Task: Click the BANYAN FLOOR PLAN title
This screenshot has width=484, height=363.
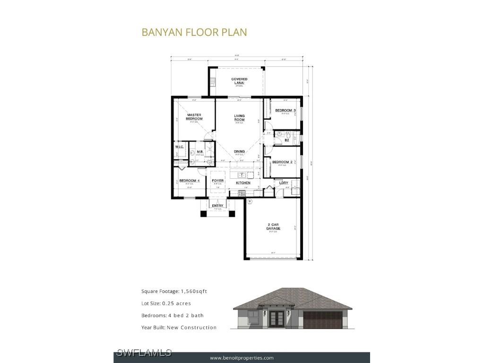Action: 194,32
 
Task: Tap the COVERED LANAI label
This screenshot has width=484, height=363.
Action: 239,81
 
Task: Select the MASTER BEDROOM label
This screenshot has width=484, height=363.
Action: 194,117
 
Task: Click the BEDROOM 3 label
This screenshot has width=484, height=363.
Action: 285,111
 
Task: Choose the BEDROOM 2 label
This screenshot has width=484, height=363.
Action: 282,162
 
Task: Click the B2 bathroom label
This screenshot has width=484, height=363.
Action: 286,140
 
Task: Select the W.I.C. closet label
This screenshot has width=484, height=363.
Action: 179,147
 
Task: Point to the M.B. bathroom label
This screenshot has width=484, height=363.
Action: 200,152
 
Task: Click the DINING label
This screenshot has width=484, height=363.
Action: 239,152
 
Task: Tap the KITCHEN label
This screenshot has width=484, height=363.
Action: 243,183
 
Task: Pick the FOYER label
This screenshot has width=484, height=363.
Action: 217,181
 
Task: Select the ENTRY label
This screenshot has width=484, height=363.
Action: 217,206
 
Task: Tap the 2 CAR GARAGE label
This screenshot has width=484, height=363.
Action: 274,226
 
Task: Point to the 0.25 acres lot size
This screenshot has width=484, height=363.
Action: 176,303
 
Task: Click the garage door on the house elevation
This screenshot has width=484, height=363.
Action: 322,320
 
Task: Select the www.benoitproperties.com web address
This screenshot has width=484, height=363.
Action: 242,358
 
